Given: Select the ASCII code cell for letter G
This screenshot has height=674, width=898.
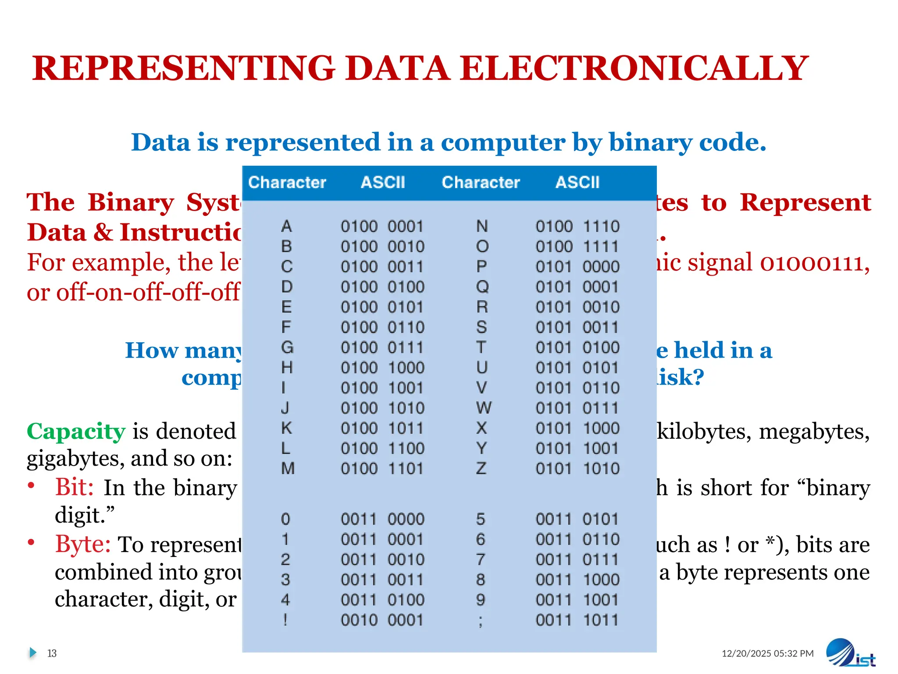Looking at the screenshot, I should [382, 348].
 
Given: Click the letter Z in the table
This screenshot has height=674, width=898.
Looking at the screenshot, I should [481, 469].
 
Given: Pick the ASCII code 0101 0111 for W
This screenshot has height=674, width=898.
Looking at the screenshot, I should [577, 408].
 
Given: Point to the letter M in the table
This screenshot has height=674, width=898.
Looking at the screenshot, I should [288, 469].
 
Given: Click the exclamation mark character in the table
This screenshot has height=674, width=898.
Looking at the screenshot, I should [285, 620].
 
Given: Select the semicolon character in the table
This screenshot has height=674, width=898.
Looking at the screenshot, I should [481, 621].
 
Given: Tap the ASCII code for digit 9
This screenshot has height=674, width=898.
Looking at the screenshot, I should [577, 600].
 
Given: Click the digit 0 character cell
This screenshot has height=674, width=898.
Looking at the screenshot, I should [285, 519].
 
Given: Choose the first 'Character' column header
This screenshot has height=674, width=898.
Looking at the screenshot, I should [287, 183].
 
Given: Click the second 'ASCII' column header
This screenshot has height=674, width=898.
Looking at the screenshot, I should [577, 183].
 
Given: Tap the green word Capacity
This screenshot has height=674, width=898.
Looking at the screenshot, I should [76, 431].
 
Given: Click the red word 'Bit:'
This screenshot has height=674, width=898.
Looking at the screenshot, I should [74, 488].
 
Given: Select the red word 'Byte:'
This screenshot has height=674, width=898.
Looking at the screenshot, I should [83, 545].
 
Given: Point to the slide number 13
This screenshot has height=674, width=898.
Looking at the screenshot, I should [52, 653].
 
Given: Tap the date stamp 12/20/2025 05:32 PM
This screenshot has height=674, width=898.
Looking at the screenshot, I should [767, 653].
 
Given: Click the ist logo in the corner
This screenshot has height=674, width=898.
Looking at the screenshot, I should [850, 654].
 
